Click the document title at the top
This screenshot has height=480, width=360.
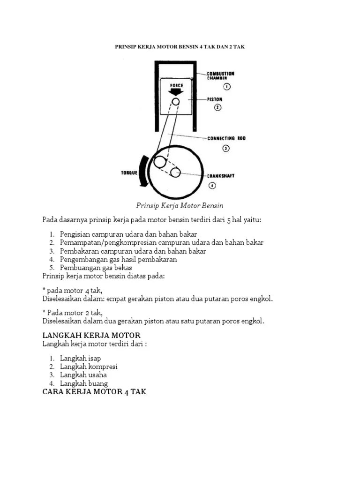tap(180, 47)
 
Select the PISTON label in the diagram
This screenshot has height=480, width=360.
tap(215, 99)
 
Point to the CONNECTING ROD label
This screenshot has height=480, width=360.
tap(226, 138)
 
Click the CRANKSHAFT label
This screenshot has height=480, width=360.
tap(221, 176)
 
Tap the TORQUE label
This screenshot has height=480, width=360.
tap(130, 172)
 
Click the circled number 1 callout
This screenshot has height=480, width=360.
tap(226, 86)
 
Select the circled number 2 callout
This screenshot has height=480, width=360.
tap(217, 107)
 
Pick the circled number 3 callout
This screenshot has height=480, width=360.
tap(225, 149)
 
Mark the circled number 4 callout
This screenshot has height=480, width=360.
tap(212, 185)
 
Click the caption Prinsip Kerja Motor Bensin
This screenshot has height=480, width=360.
tap(180, 205)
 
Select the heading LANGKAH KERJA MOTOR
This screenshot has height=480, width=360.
tap(91, 336)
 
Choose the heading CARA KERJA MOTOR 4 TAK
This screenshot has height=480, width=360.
tap(94, 391)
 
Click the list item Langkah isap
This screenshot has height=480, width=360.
tap(80, 358)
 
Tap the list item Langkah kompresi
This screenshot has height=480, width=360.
tap(89, 367)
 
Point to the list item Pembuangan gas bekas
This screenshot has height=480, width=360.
tap(96, 268)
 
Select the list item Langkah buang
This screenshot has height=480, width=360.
tap(84, 383)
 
